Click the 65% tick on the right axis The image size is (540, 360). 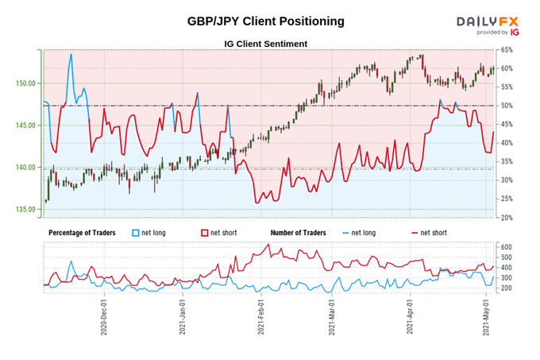[x=507, y=50]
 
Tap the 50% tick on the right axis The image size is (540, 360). [x=507, y=106]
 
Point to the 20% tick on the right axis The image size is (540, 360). [x=507, y=217]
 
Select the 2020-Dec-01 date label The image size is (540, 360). [x=104, y=318]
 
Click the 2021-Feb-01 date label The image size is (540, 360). [x=260, y=318]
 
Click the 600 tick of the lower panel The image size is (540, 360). [x=506, y=247]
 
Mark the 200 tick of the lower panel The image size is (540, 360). [x=506, y=288]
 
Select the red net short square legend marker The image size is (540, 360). [x=204, y=232]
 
